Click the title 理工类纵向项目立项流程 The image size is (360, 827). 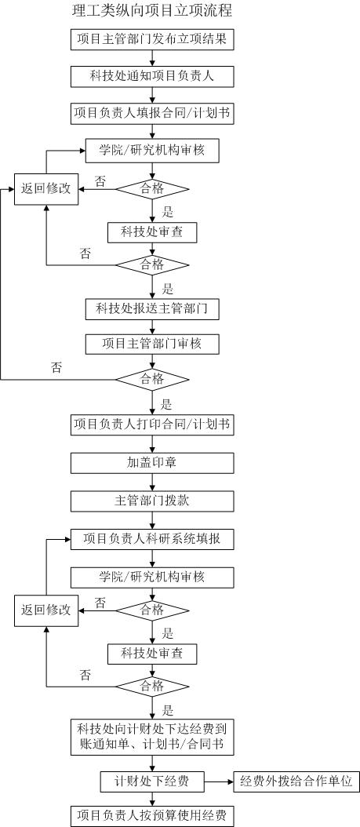(x=152, y=10)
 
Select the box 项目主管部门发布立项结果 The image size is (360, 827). (x=152, y=39)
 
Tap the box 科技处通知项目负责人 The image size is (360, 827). (x=152, y=76)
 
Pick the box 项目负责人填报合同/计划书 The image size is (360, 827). (x=152, y=113)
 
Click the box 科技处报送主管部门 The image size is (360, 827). (x=152, y=309)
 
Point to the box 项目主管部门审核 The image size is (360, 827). (x=152, y=344)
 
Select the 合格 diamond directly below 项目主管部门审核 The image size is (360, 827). (x=152, y=379)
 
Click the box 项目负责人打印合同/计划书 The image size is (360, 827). (x=152, y=424)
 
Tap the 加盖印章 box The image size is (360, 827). (x=152, y=463)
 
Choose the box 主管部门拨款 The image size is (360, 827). (x=152, y=501)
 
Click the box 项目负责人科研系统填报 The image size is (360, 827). (x=152, y=539)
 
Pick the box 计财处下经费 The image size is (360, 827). (x=152, y=781)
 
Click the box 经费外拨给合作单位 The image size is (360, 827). (x=296, y=781)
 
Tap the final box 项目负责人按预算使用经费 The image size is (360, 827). (x=152, y=816)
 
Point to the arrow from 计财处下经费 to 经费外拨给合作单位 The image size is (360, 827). (x=218, y=781)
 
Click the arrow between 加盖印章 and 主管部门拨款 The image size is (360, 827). (x=152, y=482)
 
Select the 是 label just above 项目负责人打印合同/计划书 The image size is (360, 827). (x=166, y=405)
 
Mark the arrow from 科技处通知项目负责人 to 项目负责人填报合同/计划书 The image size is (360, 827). (x=152, y=94)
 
